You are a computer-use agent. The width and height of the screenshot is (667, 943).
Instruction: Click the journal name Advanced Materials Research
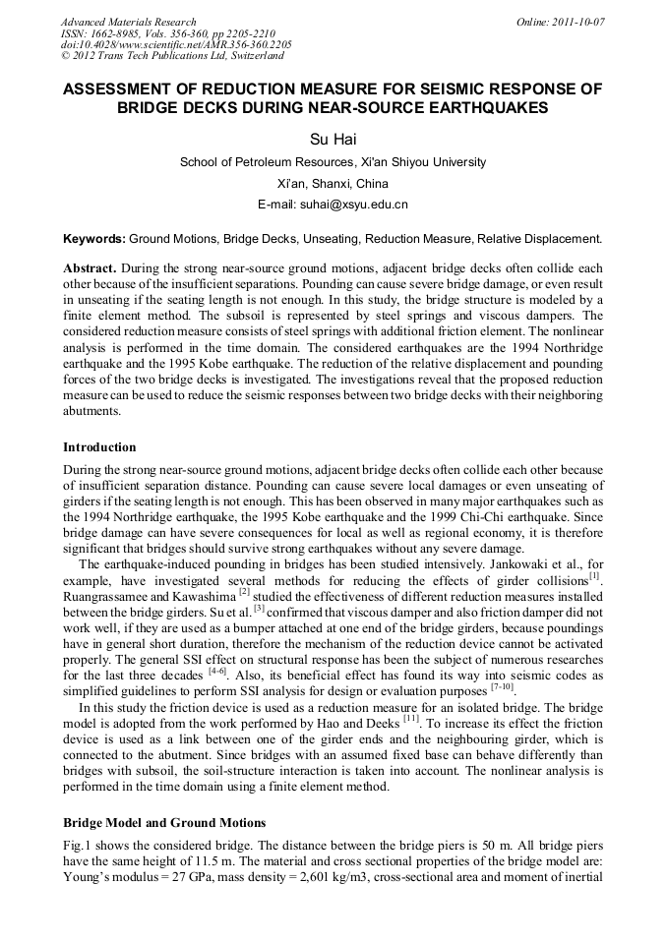click(x=128, y=22)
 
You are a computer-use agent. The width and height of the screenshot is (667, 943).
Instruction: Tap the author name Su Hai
click(x=333, y=140)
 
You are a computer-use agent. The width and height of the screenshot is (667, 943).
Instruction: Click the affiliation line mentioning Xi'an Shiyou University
click(x=333, y=162)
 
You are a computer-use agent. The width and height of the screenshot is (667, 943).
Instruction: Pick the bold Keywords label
click(x=93, y=238)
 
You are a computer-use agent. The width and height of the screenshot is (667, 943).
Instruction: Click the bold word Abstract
click(x=91, y=268)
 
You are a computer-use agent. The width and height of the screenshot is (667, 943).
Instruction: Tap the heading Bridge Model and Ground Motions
click(x=163, y=822)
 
